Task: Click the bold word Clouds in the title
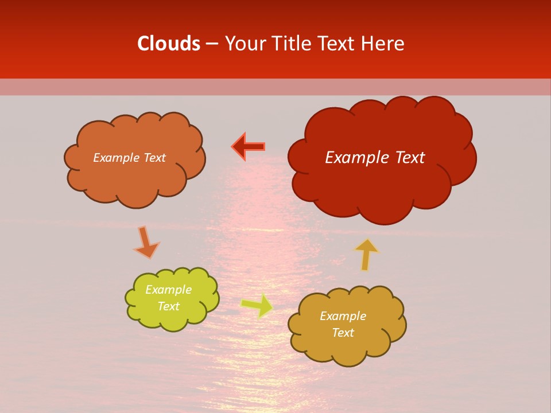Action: pyautogui.click(x=169, y=44)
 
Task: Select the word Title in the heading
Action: pyautogui.click(x=292, y=44)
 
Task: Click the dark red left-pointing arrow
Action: pyautogui.click(x=248, y=147)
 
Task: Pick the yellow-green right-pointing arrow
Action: pyautogui.click(x=257, y=306)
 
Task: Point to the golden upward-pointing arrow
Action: pyautogui.click(x=366, y=254)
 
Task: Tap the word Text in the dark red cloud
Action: pyautogui.click(x=406, y=158)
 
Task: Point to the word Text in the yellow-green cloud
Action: pyautogui.click(x=168, y=306)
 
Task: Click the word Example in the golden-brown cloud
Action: pyautogui.click(x=343, y=316)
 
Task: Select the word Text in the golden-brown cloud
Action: pyautogui.click(x=343, y=333)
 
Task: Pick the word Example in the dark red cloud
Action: pyautogui.click(x=354, y=158)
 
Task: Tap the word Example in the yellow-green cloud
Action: pyautogui.click(x=168, y=290)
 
